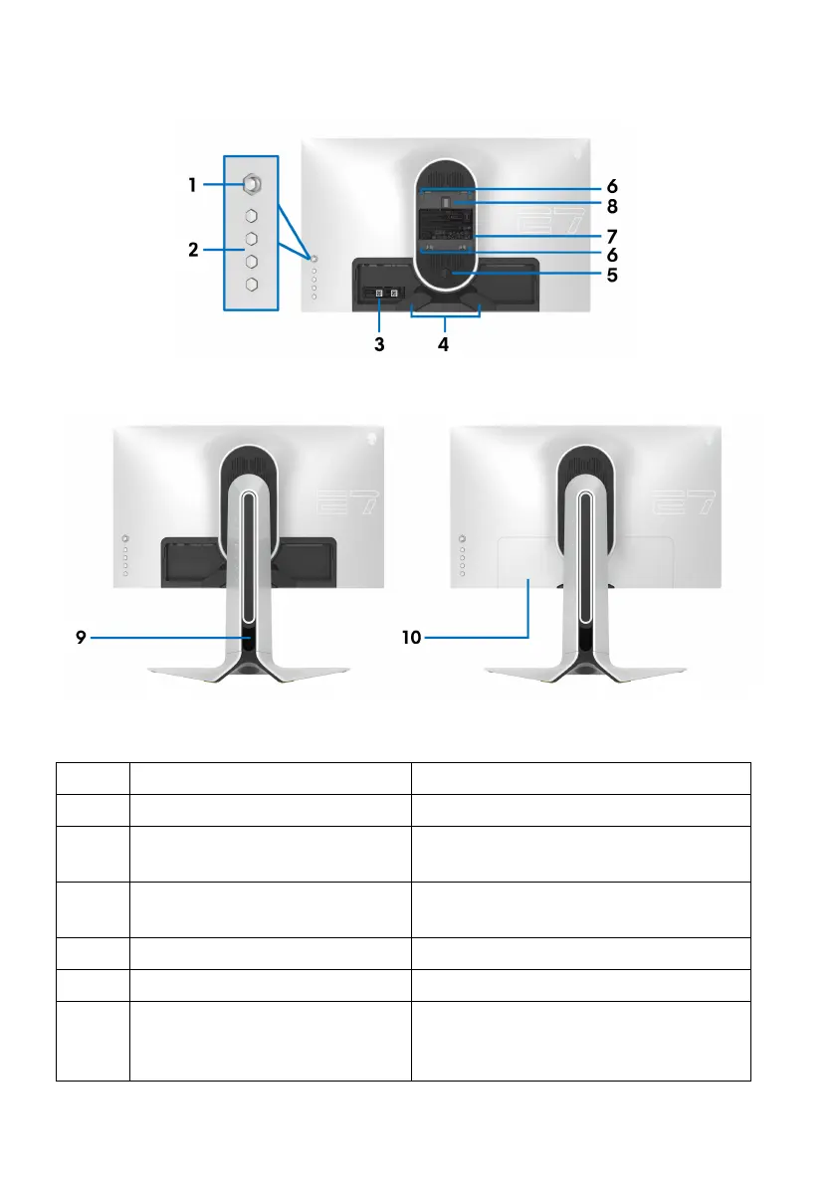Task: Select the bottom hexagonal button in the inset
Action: click(252, 285)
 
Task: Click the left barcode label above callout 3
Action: click(378, 295)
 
